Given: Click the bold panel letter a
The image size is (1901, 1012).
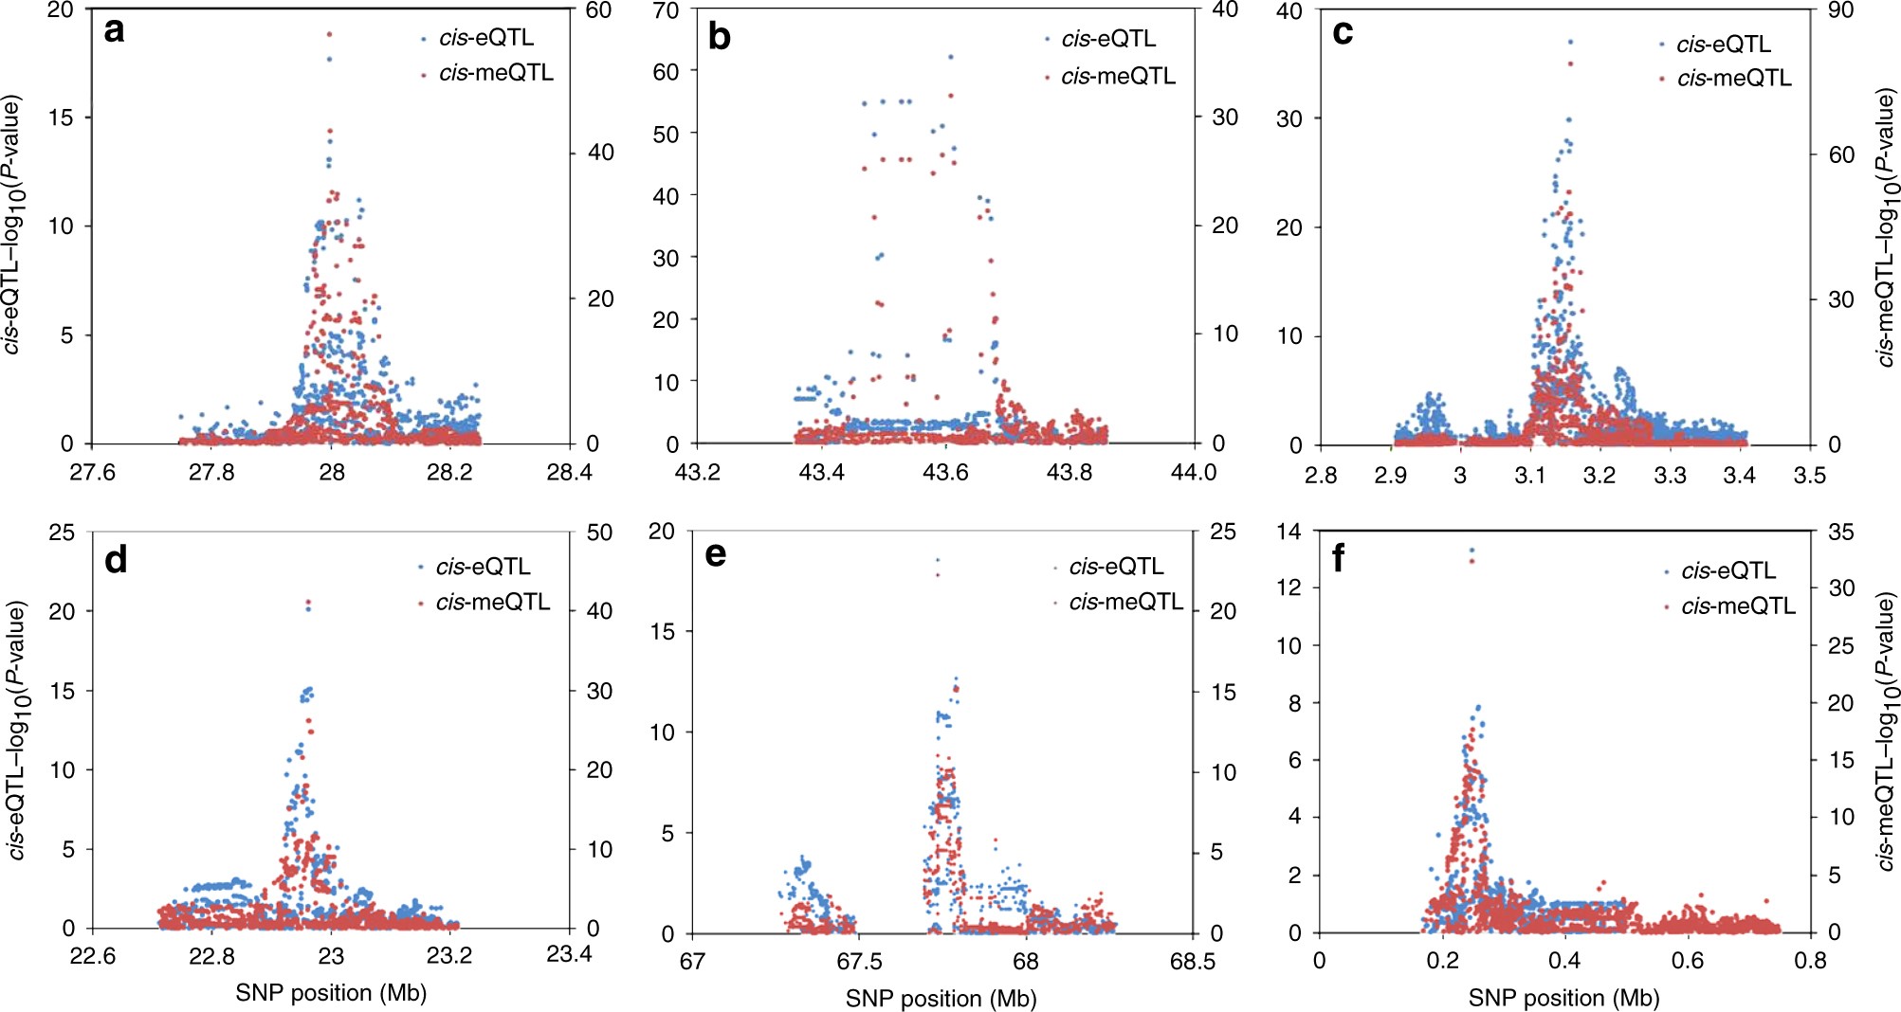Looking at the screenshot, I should (x=115, y=31).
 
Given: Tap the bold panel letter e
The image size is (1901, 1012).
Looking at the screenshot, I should (x=716, y=554).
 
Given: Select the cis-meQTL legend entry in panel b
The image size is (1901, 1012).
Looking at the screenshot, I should (x=1117, y=76).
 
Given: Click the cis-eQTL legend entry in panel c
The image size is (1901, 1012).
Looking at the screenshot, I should (x=1722, y=45).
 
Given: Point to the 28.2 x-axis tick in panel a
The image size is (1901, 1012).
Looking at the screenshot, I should (x=449, y=472).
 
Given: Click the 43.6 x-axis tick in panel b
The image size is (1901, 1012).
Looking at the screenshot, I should (x=945, y=472).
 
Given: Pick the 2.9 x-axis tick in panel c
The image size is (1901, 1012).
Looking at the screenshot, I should (x=1390, y=475).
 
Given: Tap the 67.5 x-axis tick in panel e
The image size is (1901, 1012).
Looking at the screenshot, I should (x=858, y=961).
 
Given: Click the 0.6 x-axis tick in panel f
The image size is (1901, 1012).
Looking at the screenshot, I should (x=1687, y=960).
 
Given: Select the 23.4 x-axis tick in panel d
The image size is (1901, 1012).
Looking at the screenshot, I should (x=569, y=954).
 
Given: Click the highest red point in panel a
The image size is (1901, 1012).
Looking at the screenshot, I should (x=329, y=34).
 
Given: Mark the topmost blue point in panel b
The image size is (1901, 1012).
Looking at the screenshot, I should (x=950, y=57).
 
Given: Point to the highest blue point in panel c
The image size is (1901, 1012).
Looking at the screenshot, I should (x=1570, y=42).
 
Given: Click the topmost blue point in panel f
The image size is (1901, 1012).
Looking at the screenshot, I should (x=1471, y=550).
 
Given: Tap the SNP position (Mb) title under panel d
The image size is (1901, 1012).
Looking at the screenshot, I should (x=331, y=992).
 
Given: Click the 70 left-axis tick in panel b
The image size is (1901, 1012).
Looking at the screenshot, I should (x=667, y=10).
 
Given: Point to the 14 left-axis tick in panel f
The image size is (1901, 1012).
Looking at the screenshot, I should (x=1289, y=531).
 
